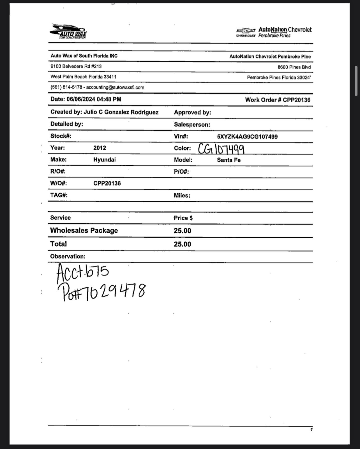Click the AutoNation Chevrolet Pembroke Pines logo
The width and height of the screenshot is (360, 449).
click(274, 32)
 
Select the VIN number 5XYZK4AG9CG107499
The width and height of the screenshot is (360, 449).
click(247, 137)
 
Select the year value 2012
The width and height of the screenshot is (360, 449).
click(100, 148)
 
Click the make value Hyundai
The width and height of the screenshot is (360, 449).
click(104, 160)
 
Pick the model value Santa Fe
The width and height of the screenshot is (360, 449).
click(229, 160)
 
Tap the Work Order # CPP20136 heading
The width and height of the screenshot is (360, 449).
click(278, 100)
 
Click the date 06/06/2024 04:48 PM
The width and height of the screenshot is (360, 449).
click(94, 99)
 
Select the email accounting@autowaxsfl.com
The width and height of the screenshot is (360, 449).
click(115, 87)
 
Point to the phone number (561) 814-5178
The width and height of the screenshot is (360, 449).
click(66, 87)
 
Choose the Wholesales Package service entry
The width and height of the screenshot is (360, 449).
click(84, 231)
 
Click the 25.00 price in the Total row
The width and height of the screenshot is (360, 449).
click(182, 244)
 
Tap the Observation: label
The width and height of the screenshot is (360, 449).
click(68, 256)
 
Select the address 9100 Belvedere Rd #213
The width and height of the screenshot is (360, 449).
click(76, 66)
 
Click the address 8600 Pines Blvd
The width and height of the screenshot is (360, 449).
click(294, 67)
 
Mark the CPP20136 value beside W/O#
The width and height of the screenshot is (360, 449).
click(107, 183)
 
